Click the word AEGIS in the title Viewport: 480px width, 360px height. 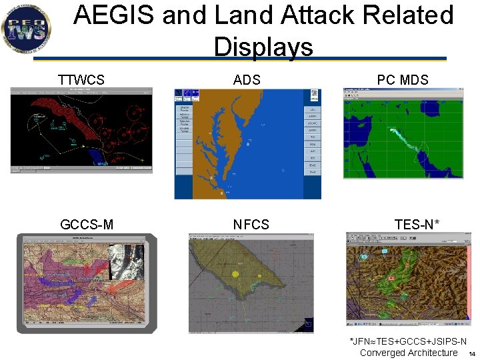click(114, 15)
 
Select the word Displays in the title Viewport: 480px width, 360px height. click(263, 47)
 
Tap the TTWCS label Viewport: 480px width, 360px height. click(81, 80)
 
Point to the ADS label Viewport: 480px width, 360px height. click(247, 80)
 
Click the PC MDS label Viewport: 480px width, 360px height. click(402, 80)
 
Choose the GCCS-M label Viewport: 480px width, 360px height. click(87, 225)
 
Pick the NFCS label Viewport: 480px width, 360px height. click(251, 225)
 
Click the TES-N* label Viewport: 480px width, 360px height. click(417, 225)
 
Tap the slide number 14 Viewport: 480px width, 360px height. click(471, 354)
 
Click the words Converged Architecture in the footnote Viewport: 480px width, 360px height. click(408, 353)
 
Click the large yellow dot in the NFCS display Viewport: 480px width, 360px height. click(235, 274)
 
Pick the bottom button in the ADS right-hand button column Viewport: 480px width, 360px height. click(312, 172)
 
